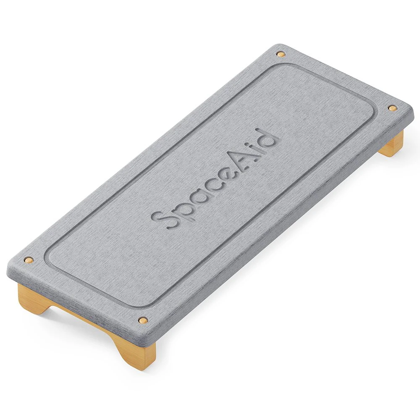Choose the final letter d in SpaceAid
pos(265,139)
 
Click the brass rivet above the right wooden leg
pos(392,108)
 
